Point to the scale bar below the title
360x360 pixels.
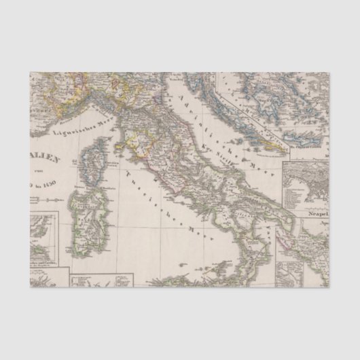(48, 200)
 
